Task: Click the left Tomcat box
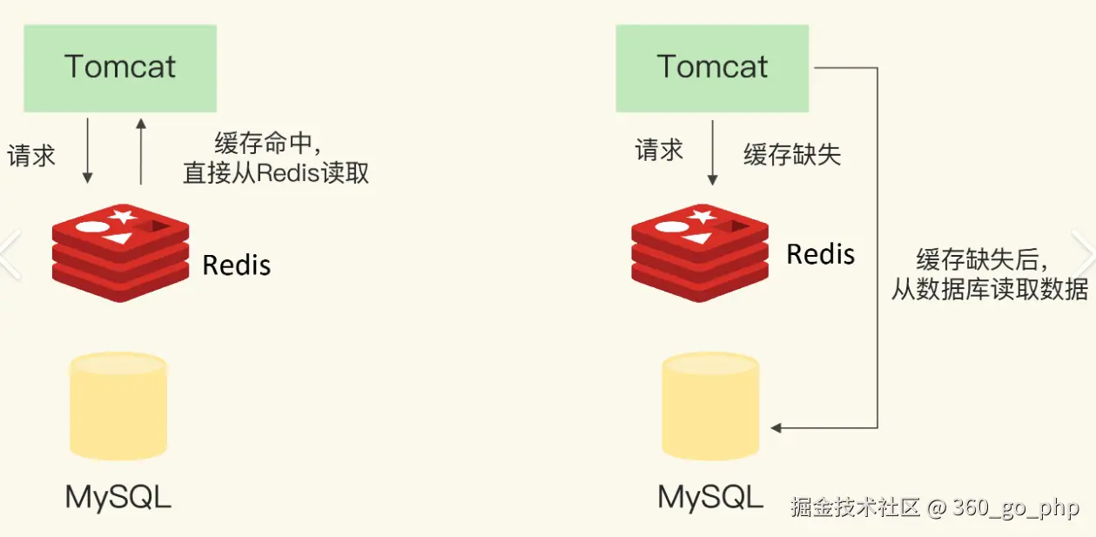[x=120, y=68]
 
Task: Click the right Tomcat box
[x=712, y=68]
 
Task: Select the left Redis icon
[x=120, y=252]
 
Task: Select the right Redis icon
[x=700, y=252]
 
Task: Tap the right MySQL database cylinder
[x=710, y=406]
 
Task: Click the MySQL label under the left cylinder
[x=118, y=497]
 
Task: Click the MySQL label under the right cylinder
[x=710, y=497]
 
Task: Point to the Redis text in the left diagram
[x=236, y=265]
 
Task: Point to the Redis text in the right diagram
[x=820, y=254]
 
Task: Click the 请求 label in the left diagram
[x=31, y=156]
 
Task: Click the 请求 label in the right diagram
[x=659, y=151]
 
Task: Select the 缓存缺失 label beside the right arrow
[x=791, y=155]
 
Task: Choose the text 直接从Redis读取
[x=276, y=172]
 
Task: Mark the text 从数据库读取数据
[x=989, y=290]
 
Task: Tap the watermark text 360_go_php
[x=1016, y=507]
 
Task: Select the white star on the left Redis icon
[x=122, y=216]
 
